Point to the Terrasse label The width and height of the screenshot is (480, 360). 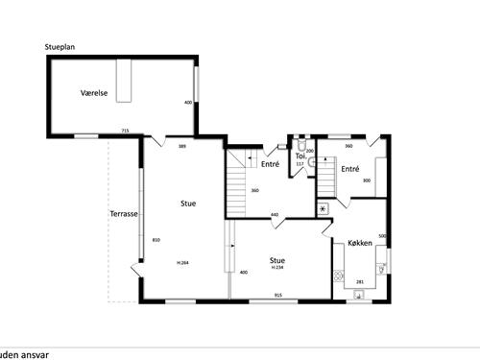tap(123, 214)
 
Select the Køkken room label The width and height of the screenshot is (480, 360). tap(360, 243)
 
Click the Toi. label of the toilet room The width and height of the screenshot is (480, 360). tap(300, 156)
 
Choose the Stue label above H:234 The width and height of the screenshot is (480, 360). tap(277, 259)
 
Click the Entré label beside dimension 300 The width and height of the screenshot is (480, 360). tap(349, 169)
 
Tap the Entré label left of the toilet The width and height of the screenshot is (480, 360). tap(269, 164)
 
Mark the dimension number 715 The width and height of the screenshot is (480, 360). tap(125, 131)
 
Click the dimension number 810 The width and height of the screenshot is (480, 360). tap(156, 240)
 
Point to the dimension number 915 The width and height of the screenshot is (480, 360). tap(277, 294)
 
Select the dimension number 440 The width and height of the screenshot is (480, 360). tap(274, 214)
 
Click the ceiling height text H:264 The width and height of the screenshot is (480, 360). tap(182, 262)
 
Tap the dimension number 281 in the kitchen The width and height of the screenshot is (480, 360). tap(360, 281)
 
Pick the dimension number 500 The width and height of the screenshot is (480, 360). tap(382, 236)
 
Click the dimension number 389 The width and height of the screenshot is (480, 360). tap(181, 146)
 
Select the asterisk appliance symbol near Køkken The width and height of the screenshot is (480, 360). tap(323, 207)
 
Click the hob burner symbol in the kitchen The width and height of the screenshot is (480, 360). tap(338, 277)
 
